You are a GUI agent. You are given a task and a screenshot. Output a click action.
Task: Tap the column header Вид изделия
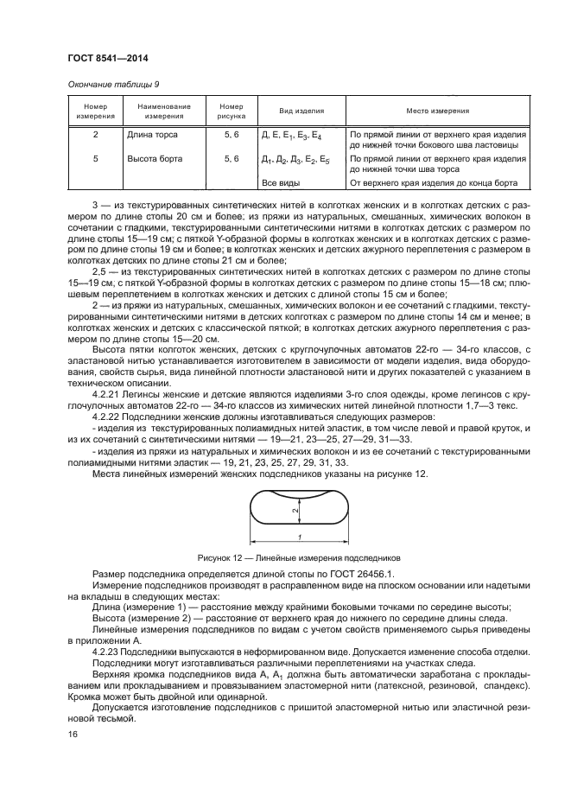(x=301, y=111)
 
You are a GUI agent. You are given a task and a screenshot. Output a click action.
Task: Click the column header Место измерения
(x=438, y=111)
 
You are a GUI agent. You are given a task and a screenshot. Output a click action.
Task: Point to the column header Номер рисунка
(x=232, y=111)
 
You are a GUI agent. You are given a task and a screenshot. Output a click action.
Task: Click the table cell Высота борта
(x=153, y=160)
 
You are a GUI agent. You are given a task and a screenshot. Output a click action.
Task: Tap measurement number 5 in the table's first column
(x=95, y=160)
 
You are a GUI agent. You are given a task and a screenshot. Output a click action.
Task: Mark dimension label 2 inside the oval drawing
(x=295, y=511)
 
